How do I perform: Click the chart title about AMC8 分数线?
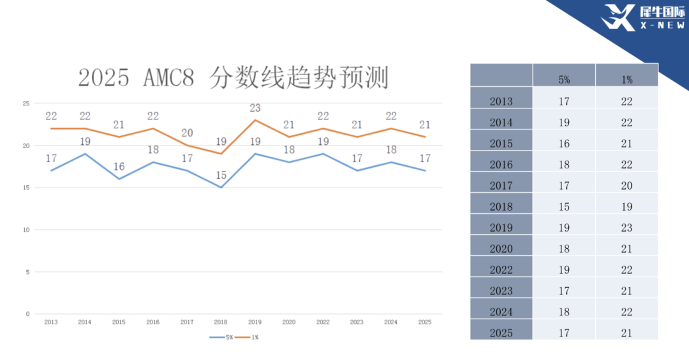point(233,78)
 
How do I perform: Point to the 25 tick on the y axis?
point(26,103)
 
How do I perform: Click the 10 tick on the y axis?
point(26,230)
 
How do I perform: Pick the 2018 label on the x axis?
point(221,322)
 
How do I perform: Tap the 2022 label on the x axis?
point(323,322)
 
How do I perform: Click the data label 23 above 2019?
point(255,109)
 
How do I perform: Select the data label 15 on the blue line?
point(221,175)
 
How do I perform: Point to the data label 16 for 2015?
point(119,167)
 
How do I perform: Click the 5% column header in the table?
point(564,80)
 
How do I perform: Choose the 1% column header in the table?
point(626,80)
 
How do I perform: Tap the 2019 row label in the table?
point(501,228)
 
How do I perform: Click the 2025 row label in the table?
point(501,333)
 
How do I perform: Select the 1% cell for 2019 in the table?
point(626,228)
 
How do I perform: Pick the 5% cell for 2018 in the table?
point(564,207)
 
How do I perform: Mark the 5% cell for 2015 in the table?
point(564,144)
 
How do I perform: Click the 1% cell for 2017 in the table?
point(626,186)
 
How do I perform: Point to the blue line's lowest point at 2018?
point(221,188)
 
